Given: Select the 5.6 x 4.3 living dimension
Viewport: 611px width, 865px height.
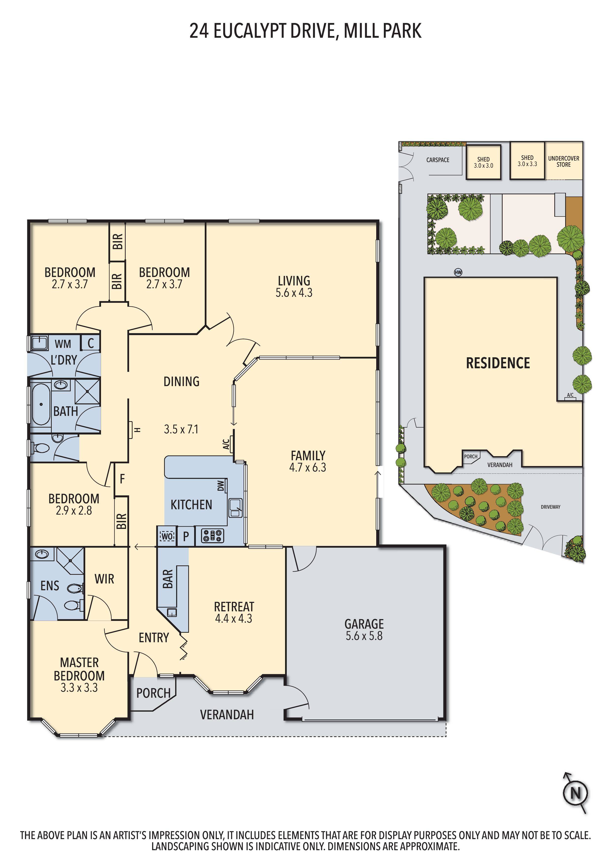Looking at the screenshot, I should coord(294,293).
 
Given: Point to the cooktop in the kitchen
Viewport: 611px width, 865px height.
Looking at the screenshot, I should coord(213,536).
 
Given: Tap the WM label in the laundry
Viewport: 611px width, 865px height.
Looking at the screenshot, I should coord(63,344).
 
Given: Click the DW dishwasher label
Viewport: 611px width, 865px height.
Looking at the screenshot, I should coord(221,486).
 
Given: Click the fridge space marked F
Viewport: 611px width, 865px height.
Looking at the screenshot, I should coord(122,479).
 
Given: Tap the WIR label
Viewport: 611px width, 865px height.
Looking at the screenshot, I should coord(104,579).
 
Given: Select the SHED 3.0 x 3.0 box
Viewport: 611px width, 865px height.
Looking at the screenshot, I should coord(483,162).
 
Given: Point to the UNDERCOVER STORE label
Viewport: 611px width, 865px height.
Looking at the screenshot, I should coord(563,161).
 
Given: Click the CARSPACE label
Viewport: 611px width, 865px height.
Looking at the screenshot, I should coord(438,160).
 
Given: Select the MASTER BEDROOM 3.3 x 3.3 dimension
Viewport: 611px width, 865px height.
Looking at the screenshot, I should coord(79,687).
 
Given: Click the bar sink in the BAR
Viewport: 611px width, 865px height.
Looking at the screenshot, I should coord(172,612).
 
